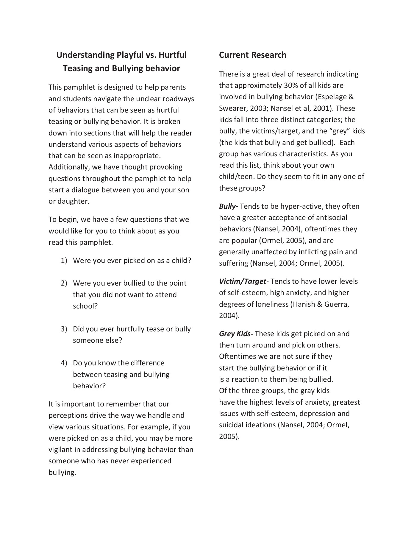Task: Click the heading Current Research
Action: click(252, 55)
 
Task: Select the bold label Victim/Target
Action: click(242, 281)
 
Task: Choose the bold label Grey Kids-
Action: click(236, 334)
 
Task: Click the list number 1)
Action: click(64, 261)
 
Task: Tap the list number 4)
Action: click(64, 363)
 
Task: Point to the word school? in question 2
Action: click(85, 306)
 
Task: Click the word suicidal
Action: click(231, 425)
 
